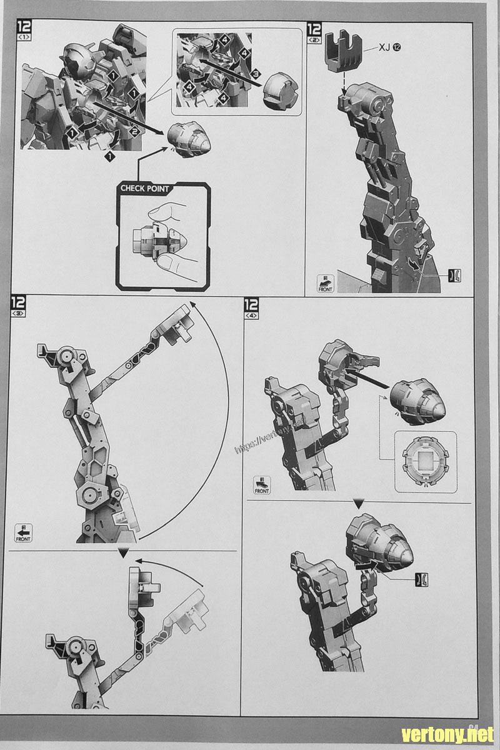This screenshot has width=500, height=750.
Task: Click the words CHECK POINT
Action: coord(145,188)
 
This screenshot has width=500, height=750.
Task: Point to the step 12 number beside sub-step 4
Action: coord(251,306)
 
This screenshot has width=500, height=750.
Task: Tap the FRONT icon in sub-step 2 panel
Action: coord(326,283)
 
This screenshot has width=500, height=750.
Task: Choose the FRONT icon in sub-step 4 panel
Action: coord(262,485)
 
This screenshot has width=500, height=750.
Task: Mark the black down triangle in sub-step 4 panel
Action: coord(359,503)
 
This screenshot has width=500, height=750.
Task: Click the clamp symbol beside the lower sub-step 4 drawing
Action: coord(422,579)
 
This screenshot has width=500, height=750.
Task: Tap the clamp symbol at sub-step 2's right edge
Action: coord(455,275)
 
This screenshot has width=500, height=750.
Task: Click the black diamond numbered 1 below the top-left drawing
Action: coord(109,157)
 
